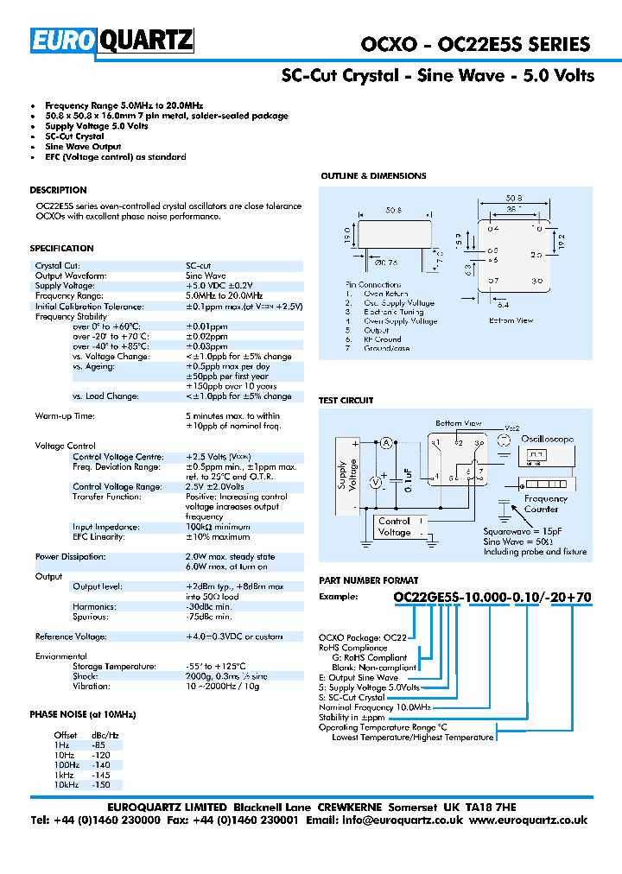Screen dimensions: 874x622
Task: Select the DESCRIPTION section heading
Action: click(x=58, y=190)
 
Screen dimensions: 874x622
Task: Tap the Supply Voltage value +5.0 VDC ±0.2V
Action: click(x=219, y=286)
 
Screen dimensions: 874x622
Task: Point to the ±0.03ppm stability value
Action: click(x=207, y=345)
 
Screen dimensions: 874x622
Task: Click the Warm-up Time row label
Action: click(x=66, y=416)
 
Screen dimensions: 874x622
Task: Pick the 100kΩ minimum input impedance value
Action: click(x=218, y=527)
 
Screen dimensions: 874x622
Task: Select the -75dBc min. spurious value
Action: click(x=209, y=617)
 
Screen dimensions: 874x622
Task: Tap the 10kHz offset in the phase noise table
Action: click(x=67, y=786)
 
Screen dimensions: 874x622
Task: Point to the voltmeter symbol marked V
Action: click(x=376, y=483)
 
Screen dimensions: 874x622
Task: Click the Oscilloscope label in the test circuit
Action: click(x=547, y=439)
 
